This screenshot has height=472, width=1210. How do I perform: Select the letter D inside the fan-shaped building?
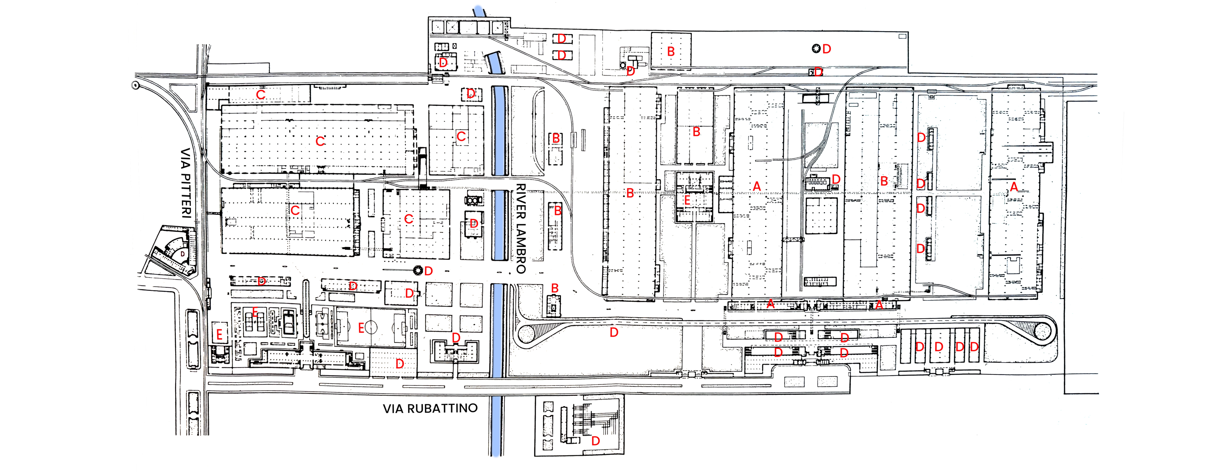(183, 254)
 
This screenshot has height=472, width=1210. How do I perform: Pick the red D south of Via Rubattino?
(596, 441)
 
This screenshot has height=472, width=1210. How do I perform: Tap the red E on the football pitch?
(361, 328)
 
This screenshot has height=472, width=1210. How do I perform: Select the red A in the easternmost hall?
(1014, 187)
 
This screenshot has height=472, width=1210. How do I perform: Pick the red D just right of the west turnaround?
(613, 332)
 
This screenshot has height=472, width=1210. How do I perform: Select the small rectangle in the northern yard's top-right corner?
(902, 36)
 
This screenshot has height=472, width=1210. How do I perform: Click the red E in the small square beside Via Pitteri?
(219, 335)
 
